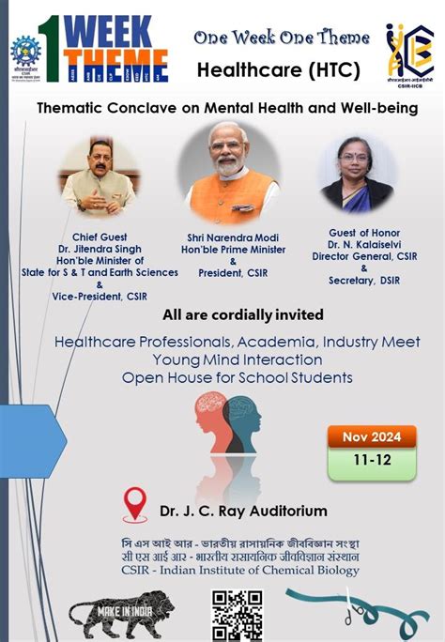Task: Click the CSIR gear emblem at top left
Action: pos(25,52)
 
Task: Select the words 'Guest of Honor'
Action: pos(365,231)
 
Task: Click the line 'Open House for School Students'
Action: pos(222,377)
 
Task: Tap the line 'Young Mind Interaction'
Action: pos(222,359)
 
